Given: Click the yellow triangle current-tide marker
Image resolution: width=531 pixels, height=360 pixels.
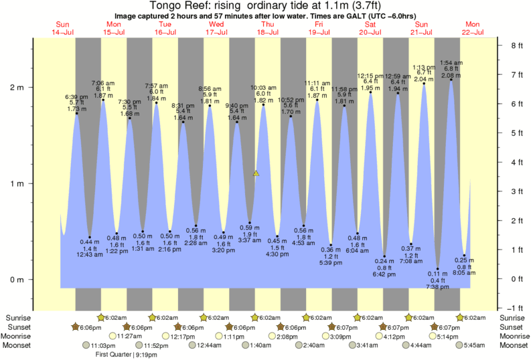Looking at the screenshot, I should tap(255, 173).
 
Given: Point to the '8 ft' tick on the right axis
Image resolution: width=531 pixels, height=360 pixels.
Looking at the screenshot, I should tap(516, 46).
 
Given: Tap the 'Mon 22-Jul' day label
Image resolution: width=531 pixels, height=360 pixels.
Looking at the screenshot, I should tap(473, 28).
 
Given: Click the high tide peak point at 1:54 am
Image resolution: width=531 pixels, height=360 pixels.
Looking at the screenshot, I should tap(451, 80).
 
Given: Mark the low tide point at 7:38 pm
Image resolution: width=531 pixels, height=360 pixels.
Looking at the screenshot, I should tap(438, 269).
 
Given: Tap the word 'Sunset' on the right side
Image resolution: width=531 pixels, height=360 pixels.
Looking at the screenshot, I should tap(513, 327).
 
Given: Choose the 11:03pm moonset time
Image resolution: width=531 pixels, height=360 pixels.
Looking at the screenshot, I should tap(99, 345).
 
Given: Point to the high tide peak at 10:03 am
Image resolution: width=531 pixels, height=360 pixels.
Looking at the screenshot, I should tap(263, 104).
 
